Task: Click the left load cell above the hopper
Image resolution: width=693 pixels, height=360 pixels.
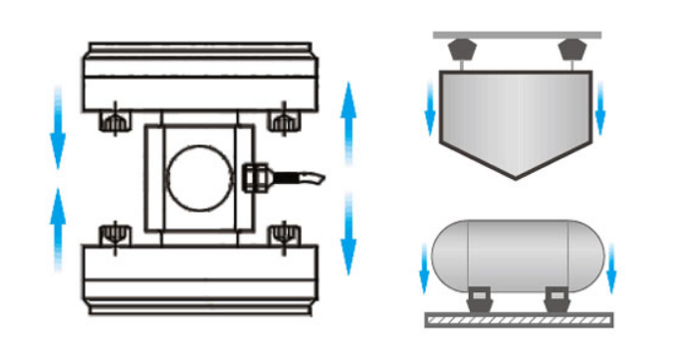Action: tap(459, 50)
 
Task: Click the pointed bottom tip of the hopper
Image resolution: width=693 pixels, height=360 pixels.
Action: tap(515, 176)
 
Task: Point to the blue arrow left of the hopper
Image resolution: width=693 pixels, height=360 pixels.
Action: tap(429, 108)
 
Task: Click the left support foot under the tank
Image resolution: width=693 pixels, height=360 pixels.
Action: tap(479, 300)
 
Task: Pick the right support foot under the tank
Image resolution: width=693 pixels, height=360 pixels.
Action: tap(555, 300)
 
